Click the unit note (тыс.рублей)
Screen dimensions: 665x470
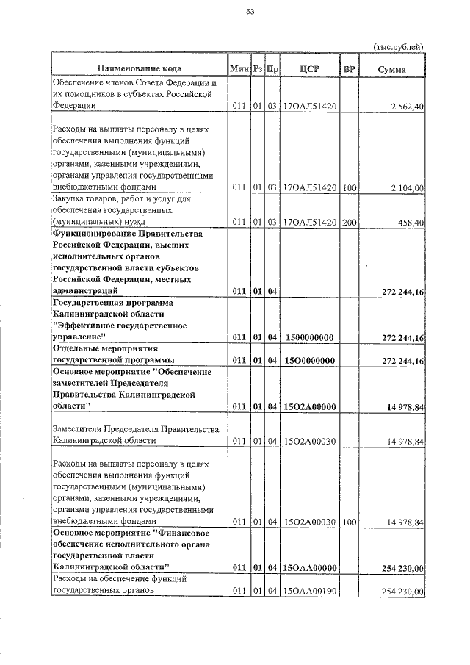point(398,46)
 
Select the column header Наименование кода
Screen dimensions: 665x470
point(139,68)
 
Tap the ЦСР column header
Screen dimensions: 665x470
point(309,68)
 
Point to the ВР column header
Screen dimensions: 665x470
point(350,68)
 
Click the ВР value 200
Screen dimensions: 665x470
point(349,222)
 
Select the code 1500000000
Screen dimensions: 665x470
point(309,337)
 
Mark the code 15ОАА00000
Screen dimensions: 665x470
point(309,568)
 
